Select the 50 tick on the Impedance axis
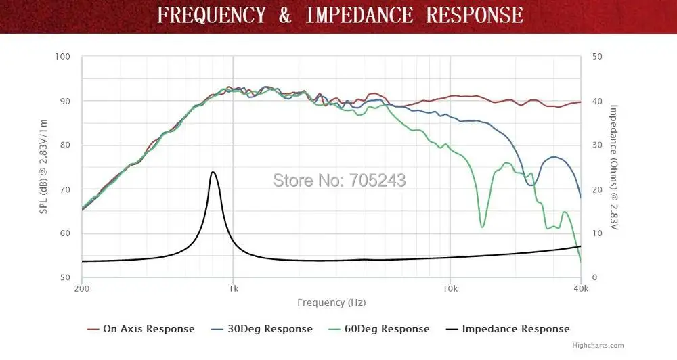click(x=596, y=57)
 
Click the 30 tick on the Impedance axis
click(x=596, y=145)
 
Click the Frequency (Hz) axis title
click(x=331, y=302)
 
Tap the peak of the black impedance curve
click(x=213, y=172)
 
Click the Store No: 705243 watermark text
click(x=339, y=180)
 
